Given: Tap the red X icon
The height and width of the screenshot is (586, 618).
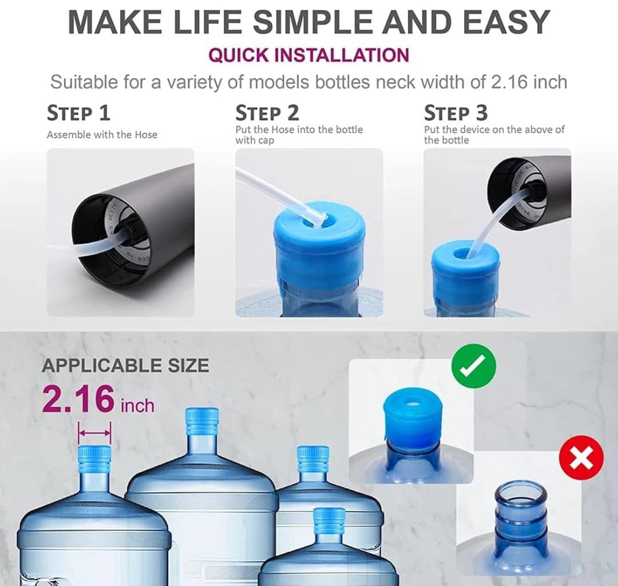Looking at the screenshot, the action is point(581,458).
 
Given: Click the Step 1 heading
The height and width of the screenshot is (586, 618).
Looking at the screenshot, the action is point(78,113).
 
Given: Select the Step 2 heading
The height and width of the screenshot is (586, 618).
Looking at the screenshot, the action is point(267,113).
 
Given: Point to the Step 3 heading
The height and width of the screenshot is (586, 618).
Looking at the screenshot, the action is point(456,113).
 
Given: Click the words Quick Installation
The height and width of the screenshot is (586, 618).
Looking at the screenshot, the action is point(308,55).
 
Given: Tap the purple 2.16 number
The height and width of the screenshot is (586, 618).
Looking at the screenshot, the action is point(78,399).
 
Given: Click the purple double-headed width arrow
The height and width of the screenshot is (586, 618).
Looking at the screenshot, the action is point(94,433).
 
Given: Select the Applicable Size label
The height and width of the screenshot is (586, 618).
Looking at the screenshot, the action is point(125,365).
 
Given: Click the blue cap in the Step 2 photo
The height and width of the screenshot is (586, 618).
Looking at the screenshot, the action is point(319,244).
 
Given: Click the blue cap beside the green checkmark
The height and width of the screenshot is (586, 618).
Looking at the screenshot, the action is point(411,417).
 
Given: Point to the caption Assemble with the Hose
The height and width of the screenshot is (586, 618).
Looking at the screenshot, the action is point(102,135).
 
